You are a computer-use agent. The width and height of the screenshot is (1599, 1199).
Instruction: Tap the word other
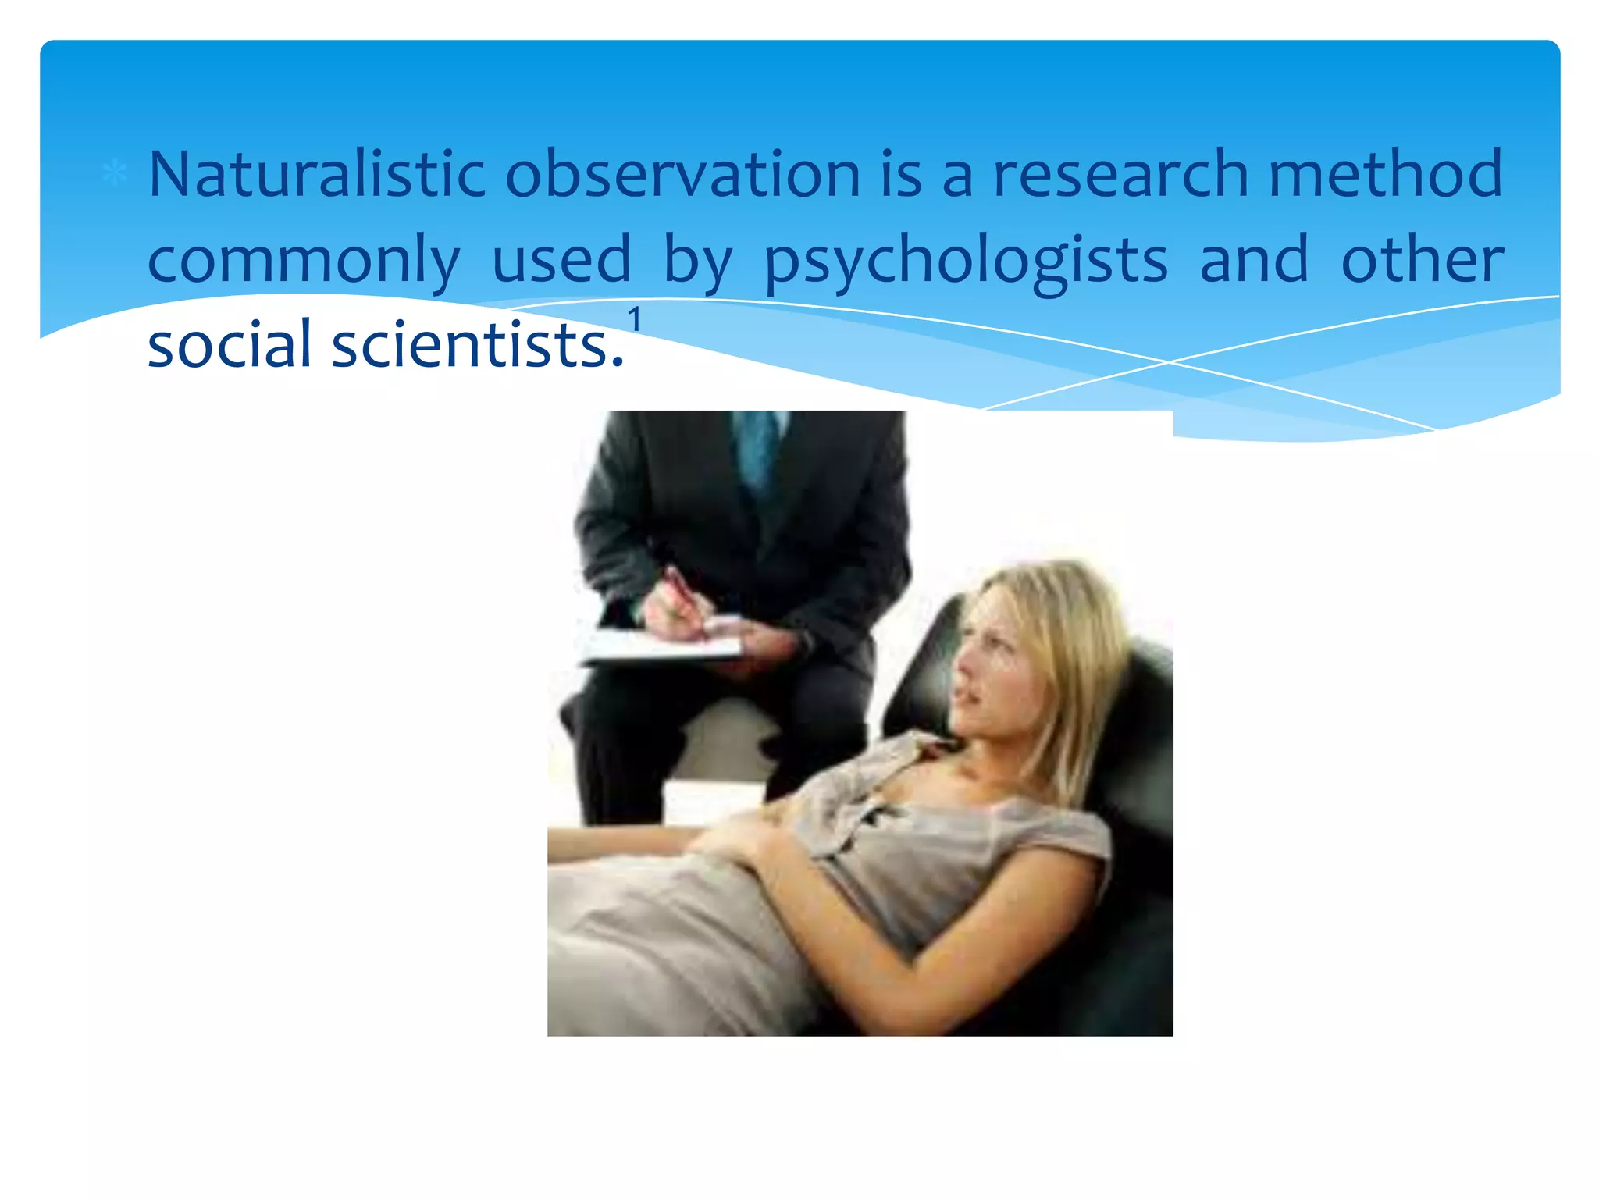coord(1422,259)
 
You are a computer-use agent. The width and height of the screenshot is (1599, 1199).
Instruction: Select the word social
coord(230,344)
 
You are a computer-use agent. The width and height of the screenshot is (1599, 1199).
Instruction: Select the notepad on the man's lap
coord(664,644)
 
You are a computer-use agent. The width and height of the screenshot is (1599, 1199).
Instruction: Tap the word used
coord(561,259)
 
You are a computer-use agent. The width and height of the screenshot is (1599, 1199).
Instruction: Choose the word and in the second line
coord(1253,259)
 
